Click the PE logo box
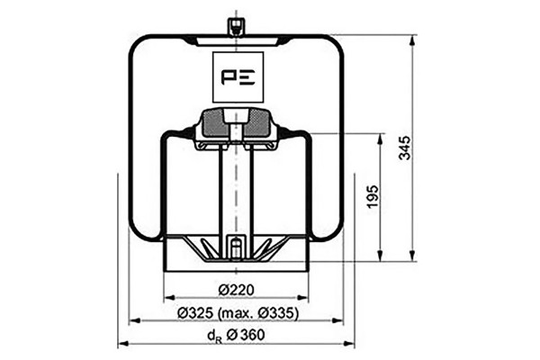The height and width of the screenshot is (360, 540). coord(238,76)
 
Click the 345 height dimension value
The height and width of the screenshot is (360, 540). coord(405,148)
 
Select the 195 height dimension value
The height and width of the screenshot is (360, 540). coord(373,197)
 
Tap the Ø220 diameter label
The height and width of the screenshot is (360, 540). coord(236,290)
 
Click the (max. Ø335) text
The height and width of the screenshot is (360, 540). coord(257,313)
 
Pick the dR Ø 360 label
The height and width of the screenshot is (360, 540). coord(236,335)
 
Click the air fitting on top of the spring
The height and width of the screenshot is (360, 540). coord(236,27)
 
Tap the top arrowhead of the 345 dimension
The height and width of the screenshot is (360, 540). coord(412,40)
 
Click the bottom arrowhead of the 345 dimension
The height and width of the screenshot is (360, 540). coord(412,256)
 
